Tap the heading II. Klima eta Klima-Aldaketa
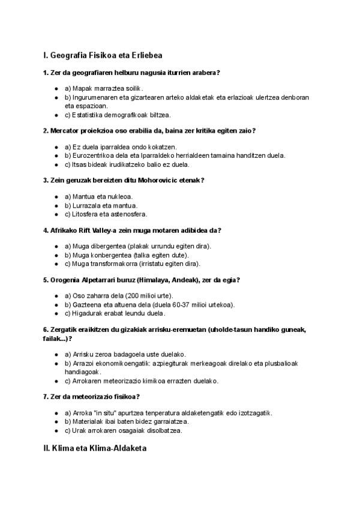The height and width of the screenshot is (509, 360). [95, 448]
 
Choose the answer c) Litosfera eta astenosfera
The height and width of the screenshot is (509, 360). [106, 214]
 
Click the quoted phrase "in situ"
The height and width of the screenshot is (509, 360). [103, 412]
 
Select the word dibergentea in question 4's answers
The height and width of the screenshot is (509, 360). [103, 247]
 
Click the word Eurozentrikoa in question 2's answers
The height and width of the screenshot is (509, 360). [91, 155]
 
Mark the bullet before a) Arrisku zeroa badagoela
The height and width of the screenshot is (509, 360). [56, 355]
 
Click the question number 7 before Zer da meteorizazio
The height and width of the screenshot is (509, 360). [46, 396]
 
